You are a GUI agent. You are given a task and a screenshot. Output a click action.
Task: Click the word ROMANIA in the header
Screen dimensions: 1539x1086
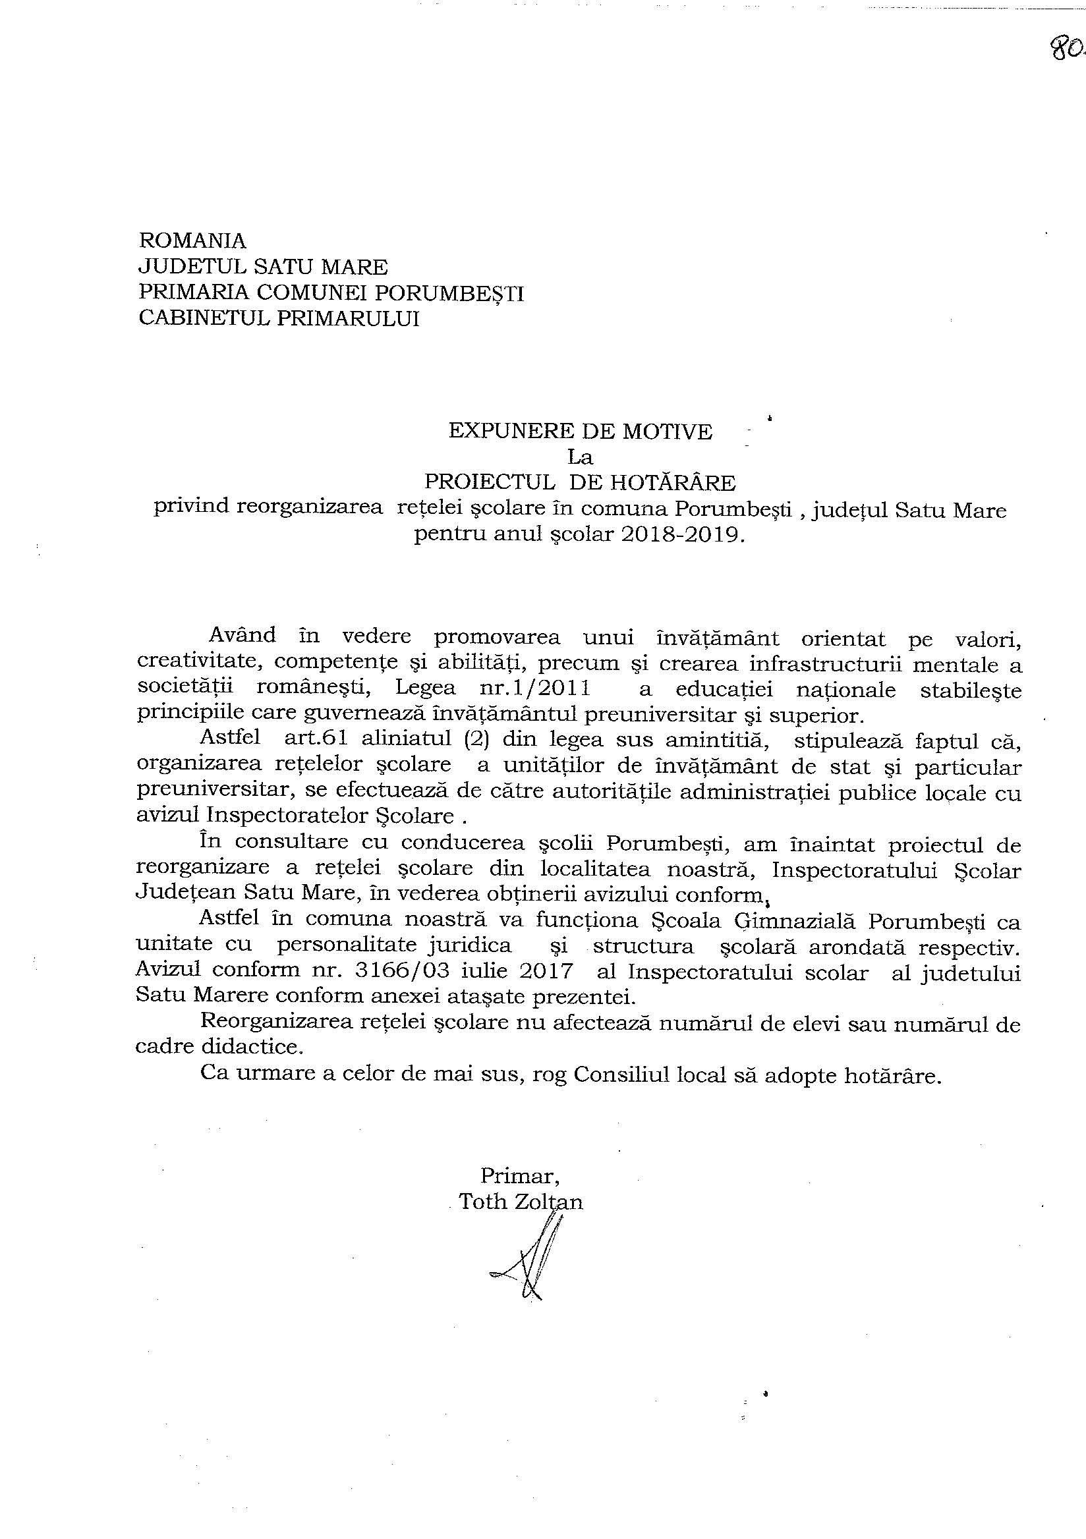(x=192, y=240)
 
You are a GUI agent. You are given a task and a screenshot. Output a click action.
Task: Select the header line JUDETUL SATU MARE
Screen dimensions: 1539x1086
(x=263, y=267)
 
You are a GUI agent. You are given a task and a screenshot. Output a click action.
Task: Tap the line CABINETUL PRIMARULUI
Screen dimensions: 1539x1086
(x=279, y=318)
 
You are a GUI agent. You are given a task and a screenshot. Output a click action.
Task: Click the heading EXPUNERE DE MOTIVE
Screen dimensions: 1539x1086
(x=580, y=432)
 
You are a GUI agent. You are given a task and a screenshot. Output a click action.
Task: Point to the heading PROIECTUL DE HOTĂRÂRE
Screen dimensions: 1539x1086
(x=581, y=483)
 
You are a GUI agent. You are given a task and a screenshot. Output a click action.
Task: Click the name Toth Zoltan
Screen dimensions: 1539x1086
(x=520, y=1202)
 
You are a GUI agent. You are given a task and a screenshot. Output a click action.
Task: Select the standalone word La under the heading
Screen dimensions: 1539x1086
(x=581, y=457)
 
